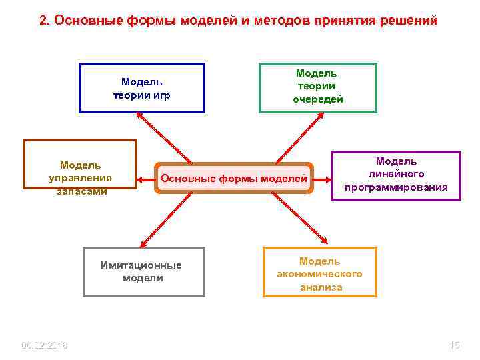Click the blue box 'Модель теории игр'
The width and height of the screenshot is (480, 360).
click(142, 88)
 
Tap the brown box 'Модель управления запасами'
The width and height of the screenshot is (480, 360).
click(80, 164)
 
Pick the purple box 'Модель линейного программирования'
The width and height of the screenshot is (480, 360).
click(396, 175)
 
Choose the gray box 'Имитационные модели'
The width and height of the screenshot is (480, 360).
click(143, 271)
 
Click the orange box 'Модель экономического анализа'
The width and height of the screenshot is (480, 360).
click(320, 272)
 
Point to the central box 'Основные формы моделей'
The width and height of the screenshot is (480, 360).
click(234, 179)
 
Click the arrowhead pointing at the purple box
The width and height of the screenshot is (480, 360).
click(327, 179)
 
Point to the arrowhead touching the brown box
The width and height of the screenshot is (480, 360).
click(141, 179)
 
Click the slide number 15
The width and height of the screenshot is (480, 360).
click(455, 345)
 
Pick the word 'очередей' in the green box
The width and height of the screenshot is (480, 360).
click(318, 99)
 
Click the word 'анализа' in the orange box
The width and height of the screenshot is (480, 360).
click(321, 287)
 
